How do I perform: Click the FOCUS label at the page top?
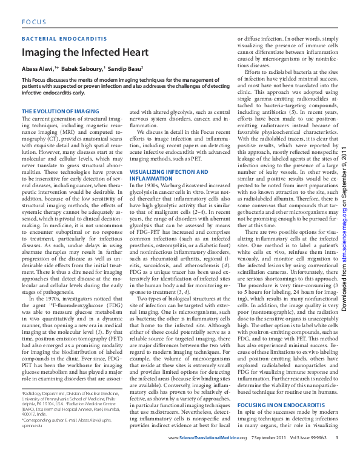(x=34, y=21)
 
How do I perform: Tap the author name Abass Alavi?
(x=38, y=69)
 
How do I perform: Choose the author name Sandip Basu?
(x=125, y=69)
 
